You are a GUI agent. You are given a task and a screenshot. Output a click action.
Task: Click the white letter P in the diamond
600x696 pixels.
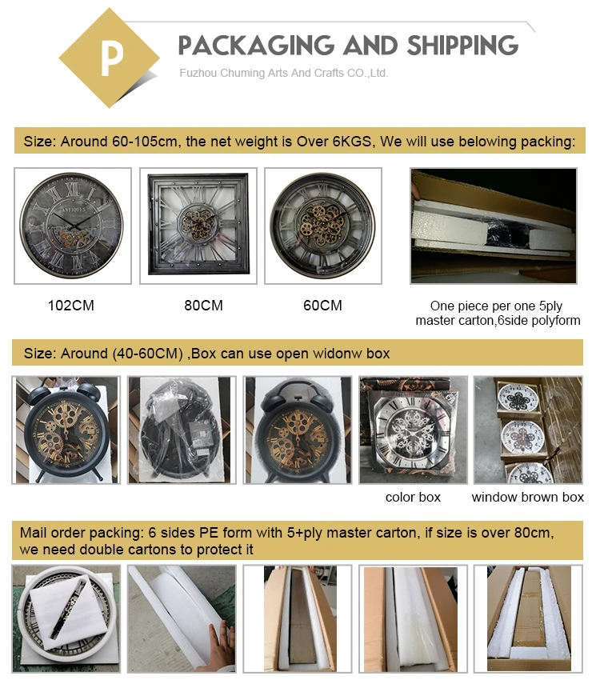point(110,57)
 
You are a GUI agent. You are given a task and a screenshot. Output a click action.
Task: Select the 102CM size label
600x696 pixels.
point(71,306)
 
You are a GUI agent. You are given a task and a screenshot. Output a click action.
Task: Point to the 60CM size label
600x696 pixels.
point(322,306)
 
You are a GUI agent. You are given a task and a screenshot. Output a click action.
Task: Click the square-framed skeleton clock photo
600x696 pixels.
point(198,226)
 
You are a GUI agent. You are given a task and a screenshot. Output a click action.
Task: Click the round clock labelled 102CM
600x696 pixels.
point(72,226)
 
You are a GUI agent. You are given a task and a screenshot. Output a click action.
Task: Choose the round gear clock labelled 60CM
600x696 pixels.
point(323,226)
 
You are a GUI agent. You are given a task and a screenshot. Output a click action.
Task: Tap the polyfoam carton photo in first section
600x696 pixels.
point(493,226)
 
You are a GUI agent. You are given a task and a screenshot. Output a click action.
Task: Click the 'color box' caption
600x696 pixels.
point(412,498)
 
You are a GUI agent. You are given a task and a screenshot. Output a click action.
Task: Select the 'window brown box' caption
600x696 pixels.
point(527,498)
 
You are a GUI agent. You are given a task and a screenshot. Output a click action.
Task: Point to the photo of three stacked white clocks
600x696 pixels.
point(527,430)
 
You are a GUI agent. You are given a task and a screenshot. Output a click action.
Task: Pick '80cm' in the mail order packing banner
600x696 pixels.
point(532,533)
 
